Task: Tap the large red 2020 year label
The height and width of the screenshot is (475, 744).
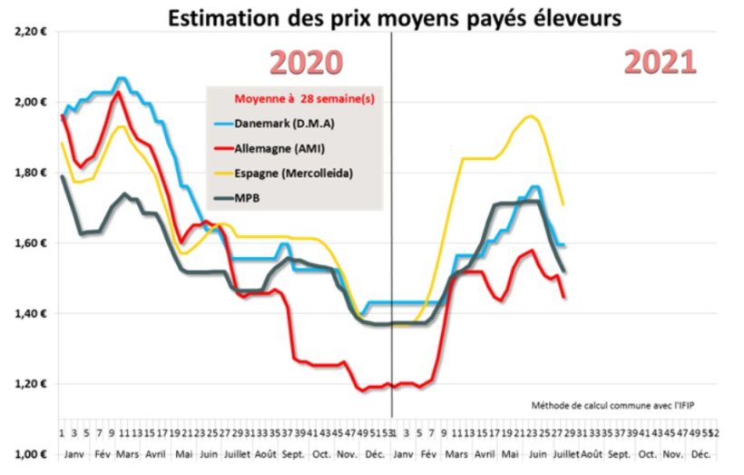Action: point(308,62)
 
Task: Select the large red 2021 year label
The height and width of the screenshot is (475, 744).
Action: point(660,62)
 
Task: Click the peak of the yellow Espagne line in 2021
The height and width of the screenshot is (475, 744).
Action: point(532,116)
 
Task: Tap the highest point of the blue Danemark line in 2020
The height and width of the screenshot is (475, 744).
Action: point(122,78)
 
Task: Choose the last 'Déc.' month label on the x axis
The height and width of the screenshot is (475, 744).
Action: point(700,451)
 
